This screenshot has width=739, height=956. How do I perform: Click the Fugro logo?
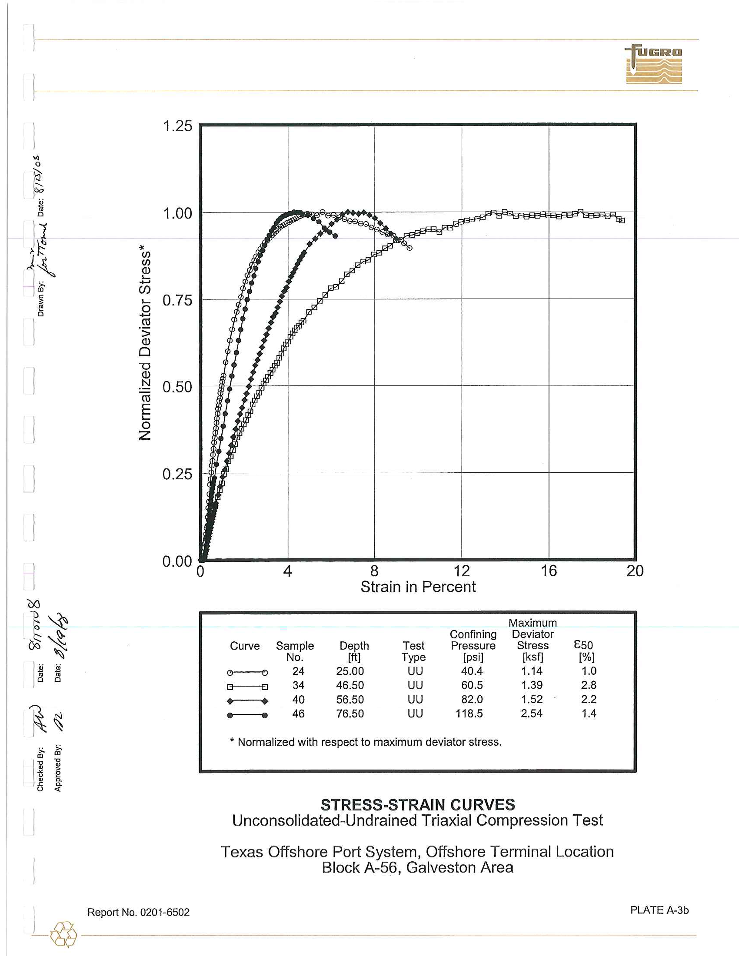(654, 64)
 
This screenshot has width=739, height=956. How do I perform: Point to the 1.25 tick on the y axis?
(177, 126)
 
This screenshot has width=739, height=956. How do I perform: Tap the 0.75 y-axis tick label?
(177, 301)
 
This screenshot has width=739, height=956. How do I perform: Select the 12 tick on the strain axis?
(461, 571)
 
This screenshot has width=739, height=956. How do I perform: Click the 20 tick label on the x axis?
(635, 571)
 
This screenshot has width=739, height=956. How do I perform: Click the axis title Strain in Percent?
(418, 587)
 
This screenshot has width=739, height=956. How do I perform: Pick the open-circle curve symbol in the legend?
(247, 672)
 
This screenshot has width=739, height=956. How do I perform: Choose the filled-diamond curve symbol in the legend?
(247, 701)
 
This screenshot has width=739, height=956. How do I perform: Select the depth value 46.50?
(350, 685)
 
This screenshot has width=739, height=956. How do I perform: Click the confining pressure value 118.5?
(469, 714)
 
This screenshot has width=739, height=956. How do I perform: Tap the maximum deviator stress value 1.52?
(532, 700)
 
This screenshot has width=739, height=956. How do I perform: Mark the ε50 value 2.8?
(589, 685)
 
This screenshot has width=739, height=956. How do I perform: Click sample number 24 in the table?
(298, 671)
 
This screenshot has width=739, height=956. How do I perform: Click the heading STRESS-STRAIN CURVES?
(418, 805)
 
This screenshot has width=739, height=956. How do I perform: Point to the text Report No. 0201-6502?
(138, 912)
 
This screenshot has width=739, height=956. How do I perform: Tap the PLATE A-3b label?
(659, 910)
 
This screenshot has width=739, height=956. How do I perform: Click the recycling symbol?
(64, 935)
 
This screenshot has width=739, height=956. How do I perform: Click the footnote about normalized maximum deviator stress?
(366, 742)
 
